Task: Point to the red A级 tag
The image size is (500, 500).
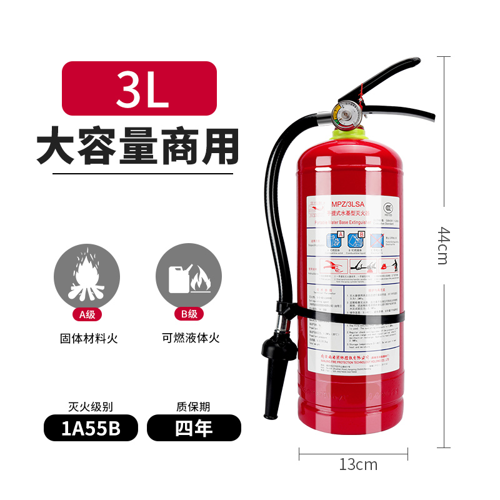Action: [89, 314]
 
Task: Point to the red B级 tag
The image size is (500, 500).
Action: [188, 314]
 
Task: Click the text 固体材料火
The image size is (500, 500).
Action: [89, 339]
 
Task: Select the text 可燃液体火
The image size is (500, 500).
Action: [188, 339]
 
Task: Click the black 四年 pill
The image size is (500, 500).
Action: [194, 428]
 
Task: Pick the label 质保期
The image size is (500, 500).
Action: [194, 406]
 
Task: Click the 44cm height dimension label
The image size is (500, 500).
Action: [442, 245]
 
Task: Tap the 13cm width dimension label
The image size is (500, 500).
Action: [358, 464]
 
